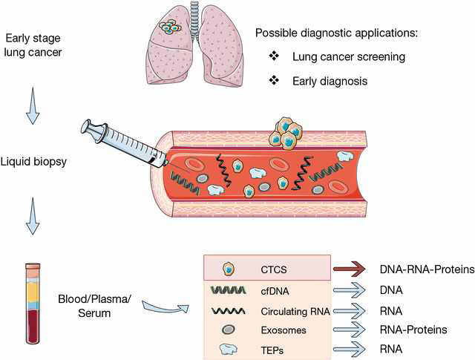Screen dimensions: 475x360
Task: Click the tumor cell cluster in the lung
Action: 170,27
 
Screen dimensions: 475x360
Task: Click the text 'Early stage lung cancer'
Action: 33,45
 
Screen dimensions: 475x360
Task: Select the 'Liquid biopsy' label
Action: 33,162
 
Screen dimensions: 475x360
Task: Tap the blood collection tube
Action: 33,304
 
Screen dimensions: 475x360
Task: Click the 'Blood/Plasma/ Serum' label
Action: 94,306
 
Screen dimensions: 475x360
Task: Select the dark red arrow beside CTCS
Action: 349,269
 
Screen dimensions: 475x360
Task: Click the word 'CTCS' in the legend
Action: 274,269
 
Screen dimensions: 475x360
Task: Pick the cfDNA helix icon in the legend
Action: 229,290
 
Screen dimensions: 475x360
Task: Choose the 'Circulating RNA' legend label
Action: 295,311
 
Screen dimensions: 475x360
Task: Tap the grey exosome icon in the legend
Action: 229,330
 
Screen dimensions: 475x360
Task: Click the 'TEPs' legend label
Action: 272,350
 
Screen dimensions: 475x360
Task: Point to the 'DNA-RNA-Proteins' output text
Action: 427,269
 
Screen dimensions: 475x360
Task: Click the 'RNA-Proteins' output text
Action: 413,330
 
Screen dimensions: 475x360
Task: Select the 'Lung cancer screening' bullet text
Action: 349,56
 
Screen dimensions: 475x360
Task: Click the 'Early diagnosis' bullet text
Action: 330,81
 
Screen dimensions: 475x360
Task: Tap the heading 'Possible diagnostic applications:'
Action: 336,33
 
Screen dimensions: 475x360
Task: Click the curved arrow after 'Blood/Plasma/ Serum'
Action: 165,309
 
